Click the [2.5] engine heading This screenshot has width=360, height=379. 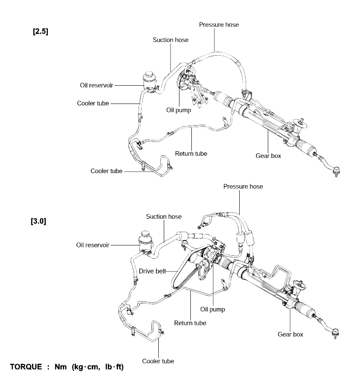pos(40,32)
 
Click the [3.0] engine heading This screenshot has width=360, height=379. pos(38,221)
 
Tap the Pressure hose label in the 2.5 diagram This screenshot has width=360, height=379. pos(219,25)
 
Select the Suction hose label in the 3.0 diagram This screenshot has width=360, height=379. pos(164,216)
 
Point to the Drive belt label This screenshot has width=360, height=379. pos(152,271)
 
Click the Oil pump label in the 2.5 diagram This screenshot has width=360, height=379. pos(179,110)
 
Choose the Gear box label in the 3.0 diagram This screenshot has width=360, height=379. pos(290,334)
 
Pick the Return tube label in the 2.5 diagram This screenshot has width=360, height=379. pos(191,154)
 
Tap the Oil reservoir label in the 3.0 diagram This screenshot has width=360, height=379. pos(93,245)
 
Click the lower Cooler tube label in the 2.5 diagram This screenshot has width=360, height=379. pos(107,171)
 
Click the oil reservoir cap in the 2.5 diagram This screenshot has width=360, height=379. pos(149,74)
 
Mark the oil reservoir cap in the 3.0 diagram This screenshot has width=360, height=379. pos(145,234)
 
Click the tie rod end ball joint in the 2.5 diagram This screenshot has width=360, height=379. pos(336,171)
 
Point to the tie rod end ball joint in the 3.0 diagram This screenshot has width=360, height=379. pos(335,333)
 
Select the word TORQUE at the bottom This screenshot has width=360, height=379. pos(26,367)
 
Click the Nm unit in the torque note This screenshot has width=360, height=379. pos(61,367)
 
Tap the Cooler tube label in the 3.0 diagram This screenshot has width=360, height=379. pos(158,361)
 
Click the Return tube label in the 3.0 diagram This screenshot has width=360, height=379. pos(190,323)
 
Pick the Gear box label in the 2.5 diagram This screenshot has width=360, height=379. pos(268,156)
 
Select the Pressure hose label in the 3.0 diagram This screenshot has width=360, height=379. pos(243,187)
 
